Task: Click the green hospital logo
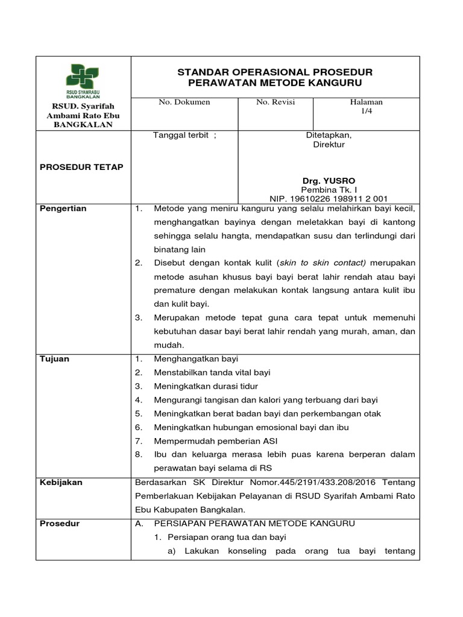(83, 80)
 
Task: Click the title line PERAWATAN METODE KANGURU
(275, 83)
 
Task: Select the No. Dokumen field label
(184, 102)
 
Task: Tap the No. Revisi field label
(276, 102)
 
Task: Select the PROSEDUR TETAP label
(81, 167)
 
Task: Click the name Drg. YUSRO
(329, 181)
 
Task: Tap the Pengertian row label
(63, 208)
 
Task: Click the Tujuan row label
(55, 359)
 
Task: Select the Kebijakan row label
(61, 483)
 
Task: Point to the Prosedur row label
(60, 524)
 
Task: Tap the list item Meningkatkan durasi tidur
(206, 386)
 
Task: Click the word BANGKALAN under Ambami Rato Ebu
(83, 125)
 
